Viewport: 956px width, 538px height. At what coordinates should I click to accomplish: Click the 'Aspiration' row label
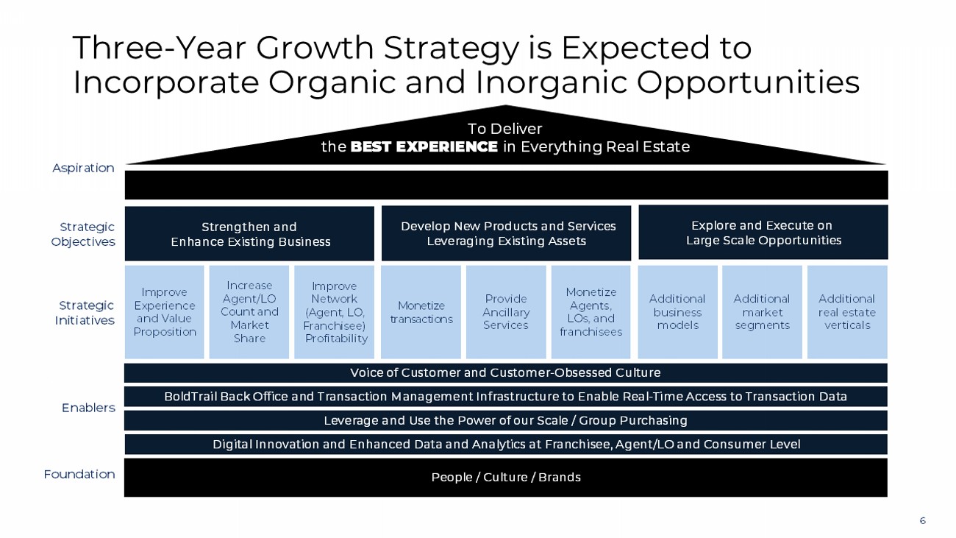(83, 168)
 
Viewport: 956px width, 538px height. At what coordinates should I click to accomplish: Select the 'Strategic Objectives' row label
(83, 234)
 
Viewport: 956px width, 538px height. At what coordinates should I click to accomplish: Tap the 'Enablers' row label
(88, 408)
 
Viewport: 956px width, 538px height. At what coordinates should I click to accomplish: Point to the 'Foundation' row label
(79, 474)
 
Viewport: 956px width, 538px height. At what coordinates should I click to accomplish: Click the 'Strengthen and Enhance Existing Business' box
(249, 233)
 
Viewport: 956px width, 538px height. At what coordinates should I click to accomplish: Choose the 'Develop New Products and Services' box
(506, 233)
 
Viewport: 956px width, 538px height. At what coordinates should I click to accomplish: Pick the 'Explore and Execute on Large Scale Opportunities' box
(763, 233)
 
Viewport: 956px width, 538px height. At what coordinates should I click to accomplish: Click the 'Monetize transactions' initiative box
(421, 312)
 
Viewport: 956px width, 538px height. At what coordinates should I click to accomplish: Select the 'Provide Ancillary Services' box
(506, 312)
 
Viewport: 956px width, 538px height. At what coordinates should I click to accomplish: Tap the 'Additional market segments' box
(762, 312)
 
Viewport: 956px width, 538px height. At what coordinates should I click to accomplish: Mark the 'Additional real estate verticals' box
(847, 312)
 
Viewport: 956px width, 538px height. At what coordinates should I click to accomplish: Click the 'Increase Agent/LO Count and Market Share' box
(249, 312)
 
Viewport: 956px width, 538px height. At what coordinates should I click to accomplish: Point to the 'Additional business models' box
(677, 312)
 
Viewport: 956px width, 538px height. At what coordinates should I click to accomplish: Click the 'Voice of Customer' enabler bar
(506, 372)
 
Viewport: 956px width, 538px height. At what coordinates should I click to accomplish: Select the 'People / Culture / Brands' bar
(506, 478)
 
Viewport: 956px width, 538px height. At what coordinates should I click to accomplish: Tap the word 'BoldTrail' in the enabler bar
(190, 397)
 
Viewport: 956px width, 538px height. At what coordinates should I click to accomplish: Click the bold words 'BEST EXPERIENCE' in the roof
(424, 147)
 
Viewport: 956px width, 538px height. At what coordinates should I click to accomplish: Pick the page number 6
(923, 520)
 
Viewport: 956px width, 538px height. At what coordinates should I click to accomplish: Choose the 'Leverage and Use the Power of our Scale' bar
(506, 420)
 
